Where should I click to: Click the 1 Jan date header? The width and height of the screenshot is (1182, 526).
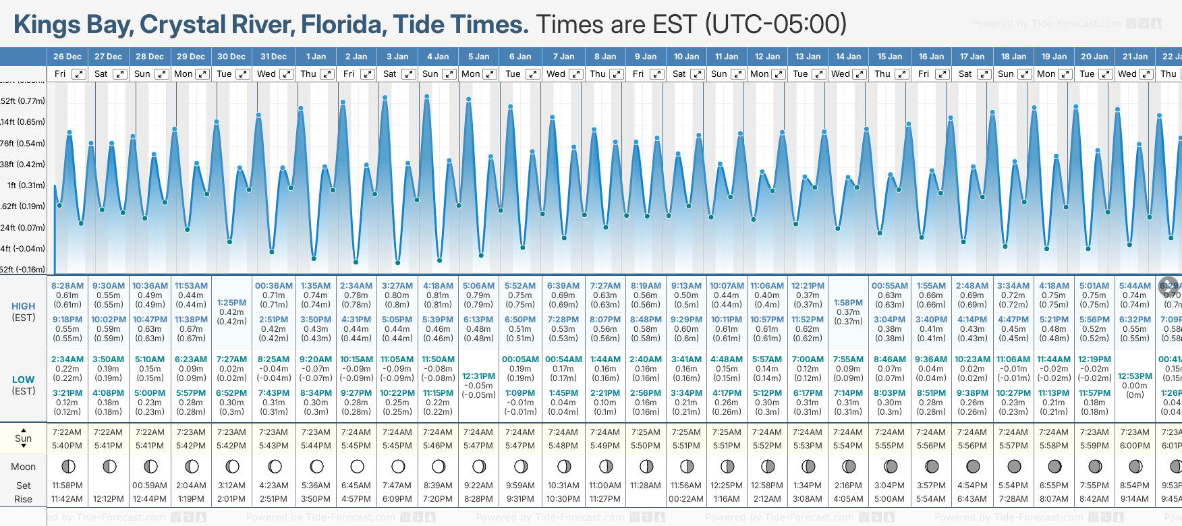315,57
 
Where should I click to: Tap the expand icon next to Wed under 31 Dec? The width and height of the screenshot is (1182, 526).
286,74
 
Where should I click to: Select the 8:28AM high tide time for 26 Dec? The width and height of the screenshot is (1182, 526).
67,286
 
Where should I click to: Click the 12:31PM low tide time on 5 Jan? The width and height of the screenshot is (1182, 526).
479,376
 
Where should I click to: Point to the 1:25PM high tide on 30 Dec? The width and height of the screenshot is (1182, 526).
231,303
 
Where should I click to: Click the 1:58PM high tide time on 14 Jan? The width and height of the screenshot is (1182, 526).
848,303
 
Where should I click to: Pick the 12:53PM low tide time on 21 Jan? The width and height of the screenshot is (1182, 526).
1135,376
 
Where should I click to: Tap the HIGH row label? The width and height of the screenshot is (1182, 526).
24,306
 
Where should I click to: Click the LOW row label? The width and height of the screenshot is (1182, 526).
24,380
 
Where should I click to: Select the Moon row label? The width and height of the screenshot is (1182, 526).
24,467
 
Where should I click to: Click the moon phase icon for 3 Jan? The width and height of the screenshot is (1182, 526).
398,466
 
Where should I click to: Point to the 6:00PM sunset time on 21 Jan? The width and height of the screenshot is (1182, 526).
1135,446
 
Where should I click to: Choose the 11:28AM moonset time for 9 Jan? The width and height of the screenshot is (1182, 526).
646,486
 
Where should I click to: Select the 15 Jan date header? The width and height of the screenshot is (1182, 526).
891,57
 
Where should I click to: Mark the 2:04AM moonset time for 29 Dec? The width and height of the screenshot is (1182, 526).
191,486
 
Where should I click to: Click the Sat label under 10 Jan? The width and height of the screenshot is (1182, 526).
679,74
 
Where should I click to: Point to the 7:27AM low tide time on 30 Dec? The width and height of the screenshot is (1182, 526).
231,359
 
